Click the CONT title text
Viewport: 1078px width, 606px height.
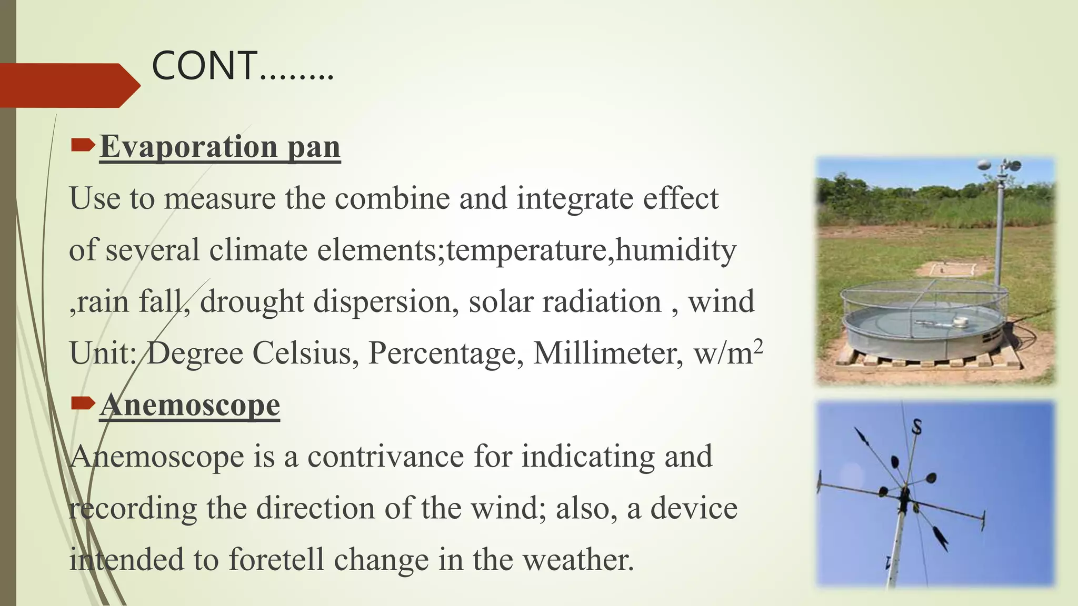(242, 67)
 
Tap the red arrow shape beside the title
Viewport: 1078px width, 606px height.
(68, 86)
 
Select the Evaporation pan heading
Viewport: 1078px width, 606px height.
(220, 147)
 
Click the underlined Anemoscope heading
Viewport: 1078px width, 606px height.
(190, 405)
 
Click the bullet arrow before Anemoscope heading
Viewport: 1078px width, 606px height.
(83, 403)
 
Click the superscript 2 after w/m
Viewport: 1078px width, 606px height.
(758, 346)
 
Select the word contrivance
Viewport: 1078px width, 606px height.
(386, 456)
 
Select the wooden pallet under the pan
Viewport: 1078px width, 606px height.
(926, 363)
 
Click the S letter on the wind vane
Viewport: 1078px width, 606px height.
(916, 427)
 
